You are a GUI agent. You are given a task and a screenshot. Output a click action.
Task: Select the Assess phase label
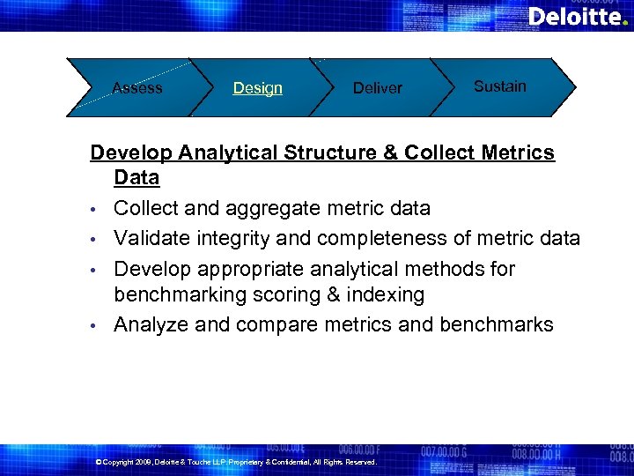(137, 87)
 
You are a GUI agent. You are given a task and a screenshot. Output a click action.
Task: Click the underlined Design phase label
(257, 88)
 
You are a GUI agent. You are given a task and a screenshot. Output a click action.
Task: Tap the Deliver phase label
(377, 88)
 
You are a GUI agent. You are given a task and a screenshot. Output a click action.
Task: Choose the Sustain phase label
(499, 86)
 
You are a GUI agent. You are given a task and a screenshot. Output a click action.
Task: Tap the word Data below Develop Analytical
(136, 178)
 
